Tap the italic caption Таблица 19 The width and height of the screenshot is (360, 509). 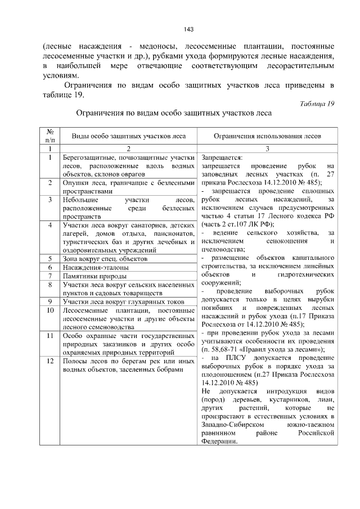[x=317, y=103]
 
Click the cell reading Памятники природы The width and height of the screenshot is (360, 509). [x=94, y=276]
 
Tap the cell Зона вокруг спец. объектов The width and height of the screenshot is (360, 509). [x=105, y=259]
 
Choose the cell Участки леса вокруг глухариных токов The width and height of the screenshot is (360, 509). [x=125, y=301]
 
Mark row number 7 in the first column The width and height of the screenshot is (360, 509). [x=50, y=276]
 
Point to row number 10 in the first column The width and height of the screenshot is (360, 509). [x=50, y=310]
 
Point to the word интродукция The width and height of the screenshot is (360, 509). [x=283, y=391]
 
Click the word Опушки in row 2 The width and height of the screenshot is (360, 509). [x=75, y=183]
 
